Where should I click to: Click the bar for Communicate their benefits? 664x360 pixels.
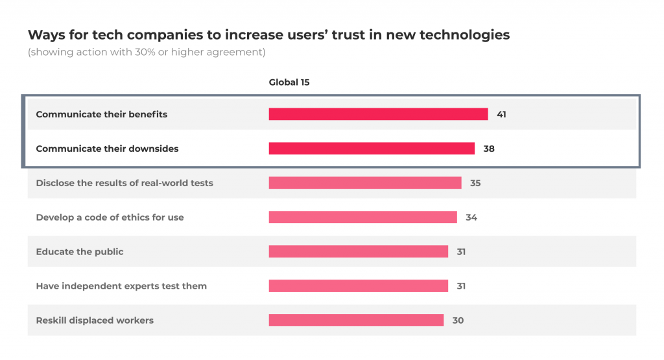378,114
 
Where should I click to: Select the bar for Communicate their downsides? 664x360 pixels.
372,149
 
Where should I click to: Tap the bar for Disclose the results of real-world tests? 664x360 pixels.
365,183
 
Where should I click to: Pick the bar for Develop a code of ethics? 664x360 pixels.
362,217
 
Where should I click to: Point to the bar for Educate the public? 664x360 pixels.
358,252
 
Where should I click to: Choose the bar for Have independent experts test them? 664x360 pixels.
358,286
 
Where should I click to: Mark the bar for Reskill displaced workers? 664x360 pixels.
356,320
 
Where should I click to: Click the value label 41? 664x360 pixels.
501,114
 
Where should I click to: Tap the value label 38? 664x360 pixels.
489,149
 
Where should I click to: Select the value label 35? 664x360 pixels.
475,183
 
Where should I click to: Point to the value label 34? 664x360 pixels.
471,217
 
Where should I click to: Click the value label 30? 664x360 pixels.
458,320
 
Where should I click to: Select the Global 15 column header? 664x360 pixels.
290,82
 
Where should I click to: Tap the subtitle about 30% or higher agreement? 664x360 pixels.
147,53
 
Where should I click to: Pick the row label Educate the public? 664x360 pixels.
80,252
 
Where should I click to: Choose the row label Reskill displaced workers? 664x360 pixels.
95,320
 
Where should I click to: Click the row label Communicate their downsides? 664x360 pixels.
107,149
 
